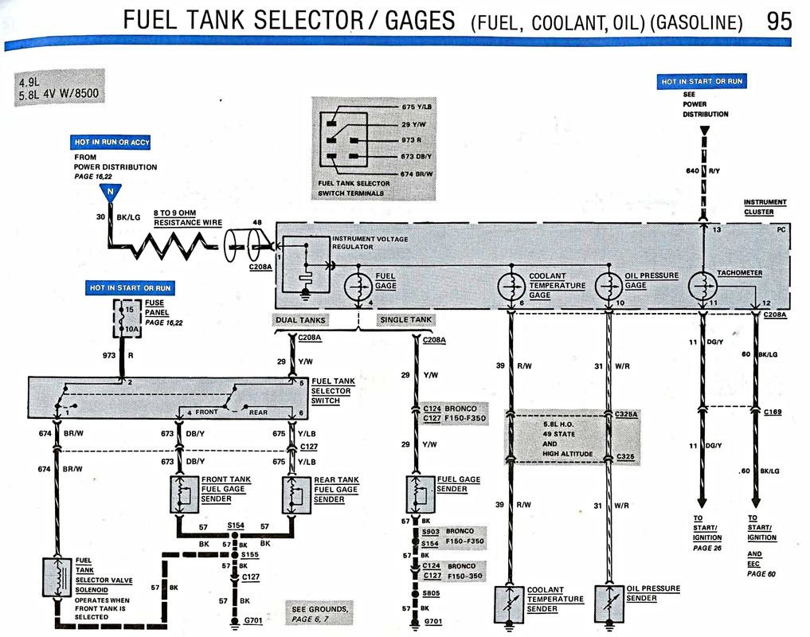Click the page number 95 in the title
click(x=779, y=20)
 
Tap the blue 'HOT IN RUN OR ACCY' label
click(x=112, y=142)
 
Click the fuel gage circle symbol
click(x=358, y=285)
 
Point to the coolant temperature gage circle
click(x=511, y=285)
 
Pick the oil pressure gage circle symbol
click(x=609, y=285)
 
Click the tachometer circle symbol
click(x=702, y=285)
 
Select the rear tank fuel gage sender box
click(x=296, y=494)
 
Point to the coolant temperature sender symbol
click(x=509, y=603)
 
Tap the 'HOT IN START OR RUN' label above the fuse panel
click(x=130, y=287)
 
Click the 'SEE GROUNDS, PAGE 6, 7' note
click(x=319, y=613)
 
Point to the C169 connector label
click(x=773, y=412)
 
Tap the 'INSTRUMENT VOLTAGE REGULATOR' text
click(x=369, y=243)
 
